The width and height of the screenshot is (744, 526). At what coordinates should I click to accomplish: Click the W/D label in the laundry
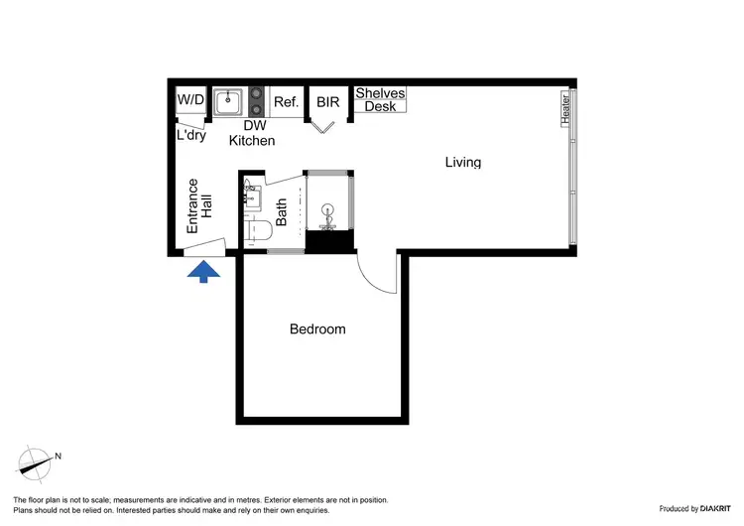[190, 100]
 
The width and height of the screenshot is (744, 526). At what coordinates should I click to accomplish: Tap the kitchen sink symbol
[229, 100]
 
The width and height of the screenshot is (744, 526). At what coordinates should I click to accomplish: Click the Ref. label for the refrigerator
[287, 101]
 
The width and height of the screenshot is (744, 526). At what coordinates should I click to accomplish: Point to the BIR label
[328, 101]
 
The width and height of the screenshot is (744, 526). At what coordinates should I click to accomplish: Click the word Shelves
[380, 93]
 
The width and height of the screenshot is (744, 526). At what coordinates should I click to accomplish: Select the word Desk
[380, 106]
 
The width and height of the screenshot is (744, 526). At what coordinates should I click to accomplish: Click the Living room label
[462, 162]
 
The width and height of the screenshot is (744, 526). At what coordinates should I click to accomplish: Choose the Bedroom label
[317, 329]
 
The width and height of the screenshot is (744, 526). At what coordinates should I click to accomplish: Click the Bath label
[282, 211]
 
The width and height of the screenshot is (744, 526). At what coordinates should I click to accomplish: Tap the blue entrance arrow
[203, 271]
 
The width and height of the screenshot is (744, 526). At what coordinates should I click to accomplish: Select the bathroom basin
[250, 196]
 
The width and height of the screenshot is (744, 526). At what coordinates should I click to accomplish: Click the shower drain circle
[328, 209]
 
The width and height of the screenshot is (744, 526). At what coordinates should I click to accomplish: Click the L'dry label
[190, 135]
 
